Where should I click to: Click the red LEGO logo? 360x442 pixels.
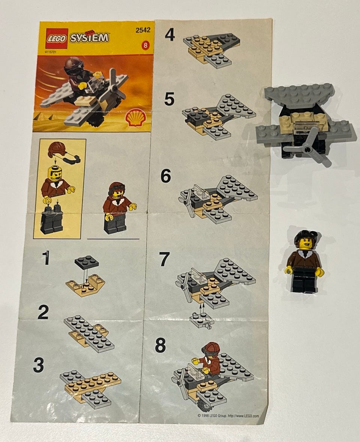coord(57,39)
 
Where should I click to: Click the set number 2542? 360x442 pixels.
coord(143,30)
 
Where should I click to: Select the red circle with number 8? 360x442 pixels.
coord(145,45)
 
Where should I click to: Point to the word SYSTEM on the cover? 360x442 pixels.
coord(89,37)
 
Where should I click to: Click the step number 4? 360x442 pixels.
coord(170,35)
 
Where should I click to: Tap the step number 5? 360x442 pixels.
coord(169,99)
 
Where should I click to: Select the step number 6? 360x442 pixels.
coord(166,176)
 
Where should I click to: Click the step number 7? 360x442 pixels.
coord(165,259)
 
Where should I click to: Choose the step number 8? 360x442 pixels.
coord(160,345)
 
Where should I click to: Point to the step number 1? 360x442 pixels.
coord(46,258)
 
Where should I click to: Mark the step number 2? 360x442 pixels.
coord(43,313)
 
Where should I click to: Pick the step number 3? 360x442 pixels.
coord(39,365)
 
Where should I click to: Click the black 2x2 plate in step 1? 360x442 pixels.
coord(87,262)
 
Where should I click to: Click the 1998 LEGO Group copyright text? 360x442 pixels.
coord(228,415)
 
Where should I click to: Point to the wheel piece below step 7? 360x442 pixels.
coord(201,321)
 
